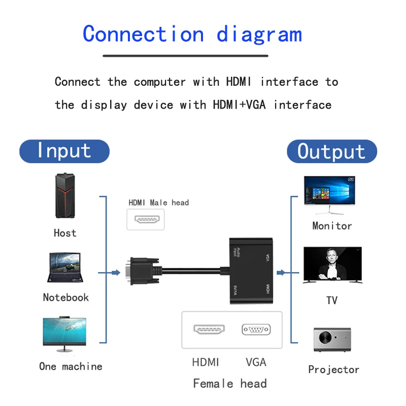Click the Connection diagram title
pos(192,35)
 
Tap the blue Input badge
pos(64,151)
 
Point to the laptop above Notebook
pos(64,268)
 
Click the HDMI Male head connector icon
pos(147,220)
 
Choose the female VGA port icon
pos(256,329)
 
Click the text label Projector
pos(333,369)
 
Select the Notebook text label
pos(65,297)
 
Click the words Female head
pos(230,384)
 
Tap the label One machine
pos(71,366)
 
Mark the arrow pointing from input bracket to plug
pos(115,273)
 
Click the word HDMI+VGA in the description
pos(234,105)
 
